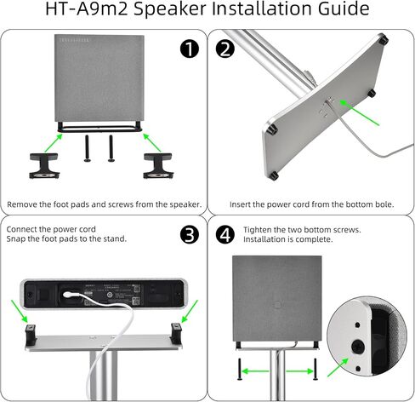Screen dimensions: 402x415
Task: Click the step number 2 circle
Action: click(225, 49)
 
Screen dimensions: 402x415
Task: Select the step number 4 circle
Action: click(225, 235)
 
